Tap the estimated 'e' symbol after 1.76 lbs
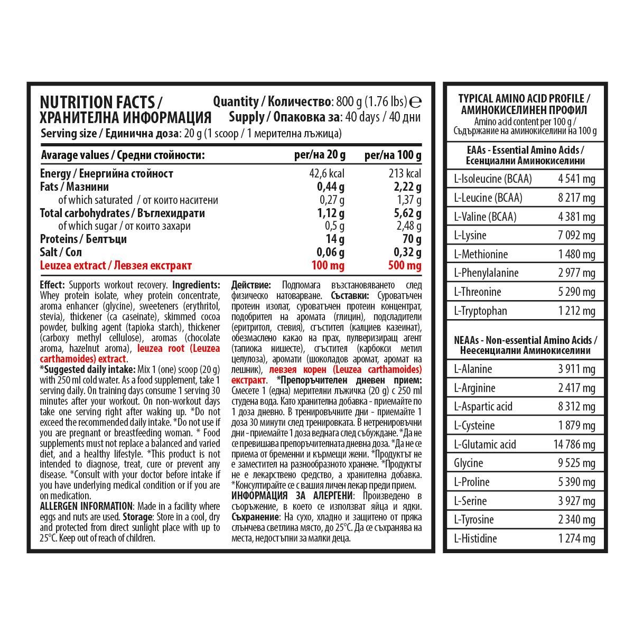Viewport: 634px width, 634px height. tap(415, 102)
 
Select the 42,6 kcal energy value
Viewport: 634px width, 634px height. tap(327, 174)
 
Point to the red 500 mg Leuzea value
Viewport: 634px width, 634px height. tap(405, 266)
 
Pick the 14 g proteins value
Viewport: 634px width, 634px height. tap(336, 239)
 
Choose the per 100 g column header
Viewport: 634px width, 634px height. tap(393, 155)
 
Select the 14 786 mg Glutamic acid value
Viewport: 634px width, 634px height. tap(574, 444)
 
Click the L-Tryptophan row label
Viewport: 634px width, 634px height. tap(480, 311)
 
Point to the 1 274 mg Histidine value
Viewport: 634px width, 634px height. tap(577, 539)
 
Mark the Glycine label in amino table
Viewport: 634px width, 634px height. tap(469, 463)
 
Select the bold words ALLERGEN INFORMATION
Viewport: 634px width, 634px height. tap(86, 506)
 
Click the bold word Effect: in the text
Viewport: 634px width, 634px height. tap(52, 285)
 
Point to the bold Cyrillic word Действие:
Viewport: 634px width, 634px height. tap(251, 285)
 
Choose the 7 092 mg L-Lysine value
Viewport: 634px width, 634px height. tap(577, 236)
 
